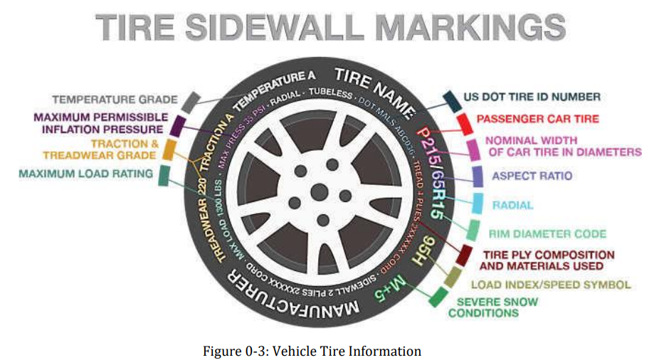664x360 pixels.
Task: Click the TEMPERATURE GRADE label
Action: (112, 100)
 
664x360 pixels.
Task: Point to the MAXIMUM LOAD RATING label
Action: (86, 173)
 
